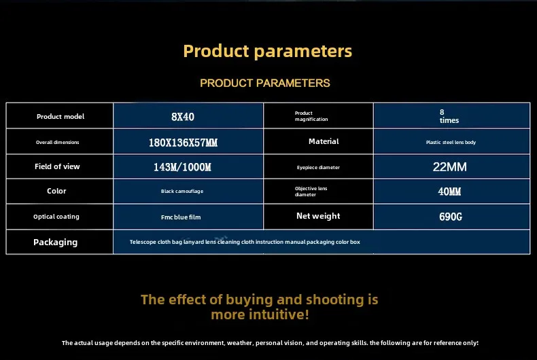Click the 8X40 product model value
[183, 117]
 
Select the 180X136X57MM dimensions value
[183, 143]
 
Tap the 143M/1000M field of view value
[182, 167]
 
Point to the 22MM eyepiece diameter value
[450, 167]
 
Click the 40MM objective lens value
[449, 192]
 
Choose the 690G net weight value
[451, 217]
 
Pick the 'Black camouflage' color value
[182, 192]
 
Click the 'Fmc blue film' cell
[181, 217]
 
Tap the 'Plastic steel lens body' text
[451, 143]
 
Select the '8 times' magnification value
[449, 116]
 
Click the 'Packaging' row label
[55, 242]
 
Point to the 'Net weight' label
[318, 216]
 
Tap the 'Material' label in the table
[324, 141]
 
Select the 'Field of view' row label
[57, 166]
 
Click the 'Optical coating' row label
[56, 217]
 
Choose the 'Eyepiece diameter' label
[318, 167]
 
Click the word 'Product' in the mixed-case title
[216, 51]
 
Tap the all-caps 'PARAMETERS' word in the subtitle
[293, 83]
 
